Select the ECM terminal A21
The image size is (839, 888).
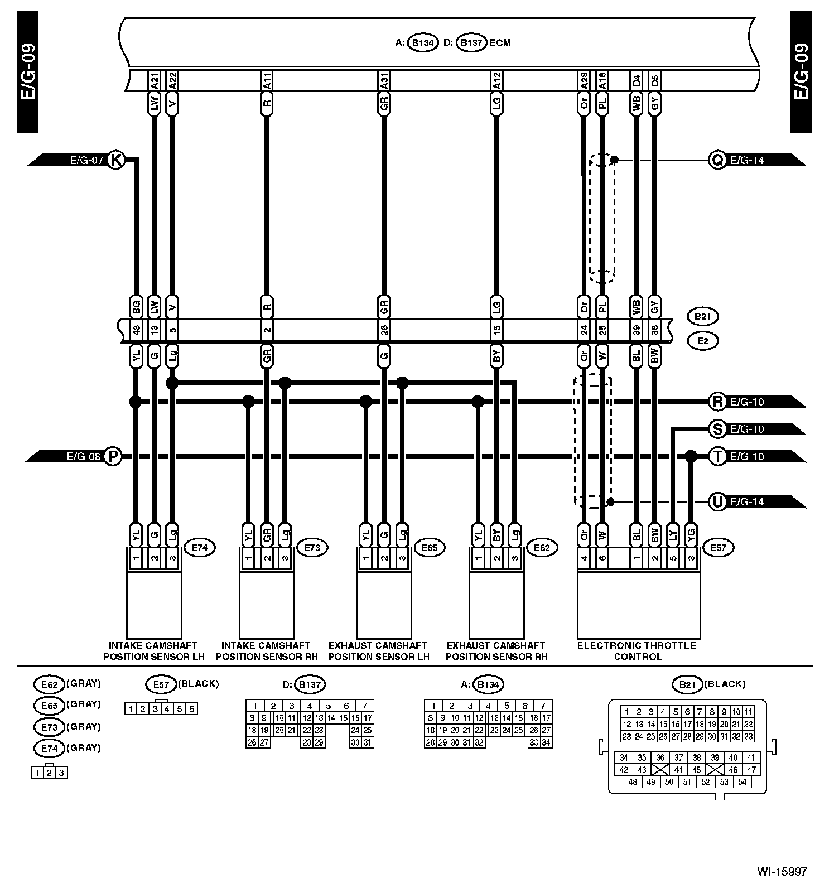155,81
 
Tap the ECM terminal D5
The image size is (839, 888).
655,81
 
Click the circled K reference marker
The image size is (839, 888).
115,160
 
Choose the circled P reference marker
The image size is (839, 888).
113,456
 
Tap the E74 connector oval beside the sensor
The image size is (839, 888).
199,548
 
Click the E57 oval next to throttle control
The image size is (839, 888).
718,548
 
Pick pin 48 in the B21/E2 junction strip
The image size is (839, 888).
136,330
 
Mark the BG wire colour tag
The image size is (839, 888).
136,306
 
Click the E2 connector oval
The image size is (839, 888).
702,340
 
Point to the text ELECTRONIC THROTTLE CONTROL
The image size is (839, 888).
637,651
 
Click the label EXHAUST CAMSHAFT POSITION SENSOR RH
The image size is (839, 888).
496,651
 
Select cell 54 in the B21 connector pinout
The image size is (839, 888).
742,782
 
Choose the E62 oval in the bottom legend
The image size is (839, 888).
49,684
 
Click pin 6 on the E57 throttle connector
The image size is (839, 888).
601,557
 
